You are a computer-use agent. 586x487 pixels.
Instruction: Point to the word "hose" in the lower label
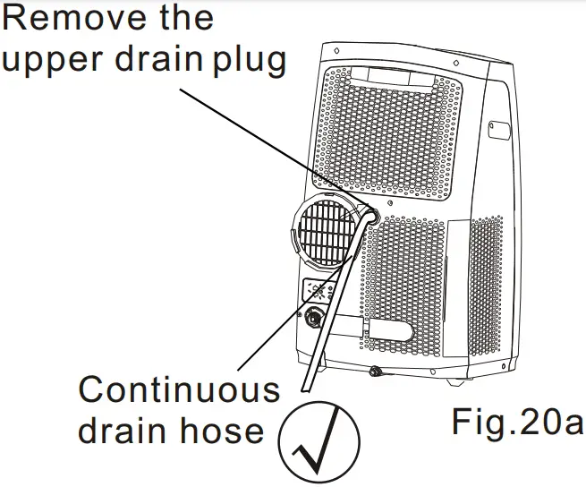click(x=221, y=431)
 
